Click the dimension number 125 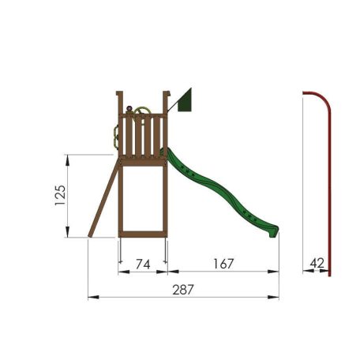60,195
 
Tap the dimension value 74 143,264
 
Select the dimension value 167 223,264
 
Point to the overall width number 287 183,290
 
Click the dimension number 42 317,263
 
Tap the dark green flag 185,102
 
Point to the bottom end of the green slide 274,232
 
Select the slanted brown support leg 103,197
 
